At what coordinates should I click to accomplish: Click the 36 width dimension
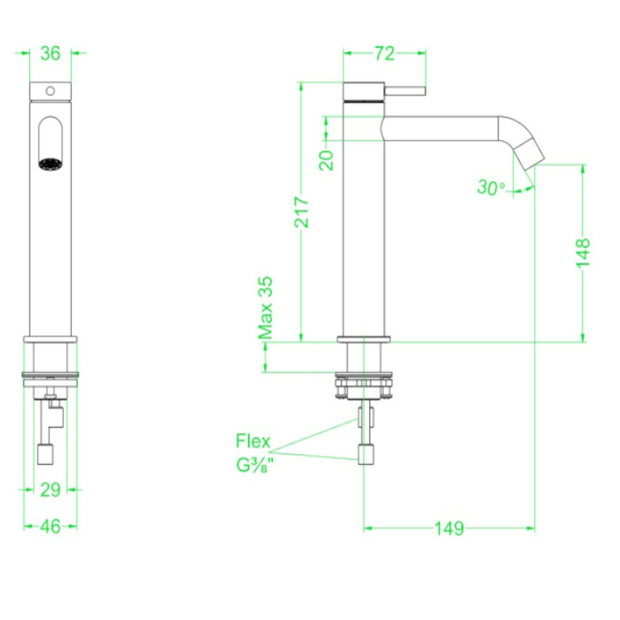(50, 53)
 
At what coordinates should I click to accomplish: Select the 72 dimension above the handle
(384, 53)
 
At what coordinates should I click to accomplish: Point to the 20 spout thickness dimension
(328, 160)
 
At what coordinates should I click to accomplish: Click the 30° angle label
(491, 187)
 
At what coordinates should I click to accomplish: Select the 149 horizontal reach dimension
(449, 528)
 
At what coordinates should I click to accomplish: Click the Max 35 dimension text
(266, 308)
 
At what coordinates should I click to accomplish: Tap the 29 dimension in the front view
(50, 489)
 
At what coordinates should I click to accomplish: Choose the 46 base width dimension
(50, 526)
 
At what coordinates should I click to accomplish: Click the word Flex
(253, 441)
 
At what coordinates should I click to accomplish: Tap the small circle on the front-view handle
(50, 91)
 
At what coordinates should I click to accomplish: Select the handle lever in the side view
(406, 91)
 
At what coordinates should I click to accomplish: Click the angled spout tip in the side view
(530, 152)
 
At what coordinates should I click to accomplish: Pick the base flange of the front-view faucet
(50, 339)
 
